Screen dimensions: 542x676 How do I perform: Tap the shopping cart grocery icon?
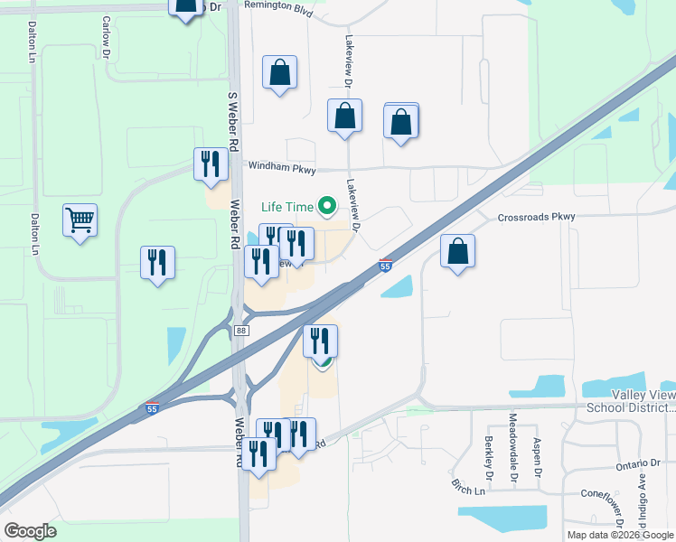tap(80, 219)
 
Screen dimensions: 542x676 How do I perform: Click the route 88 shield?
tap(239, 332)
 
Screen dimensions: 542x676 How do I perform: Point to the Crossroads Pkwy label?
tap(536, 218)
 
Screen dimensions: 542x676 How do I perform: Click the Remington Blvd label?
tap(277, 5)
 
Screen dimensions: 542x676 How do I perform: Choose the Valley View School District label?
tap(630, 401)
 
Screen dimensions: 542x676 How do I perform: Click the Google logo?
tap(31, 531)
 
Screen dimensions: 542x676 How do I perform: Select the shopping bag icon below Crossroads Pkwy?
tap(458, 252)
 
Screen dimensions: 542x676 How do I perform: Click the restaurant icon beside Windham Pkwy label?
tap(211, 164)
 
